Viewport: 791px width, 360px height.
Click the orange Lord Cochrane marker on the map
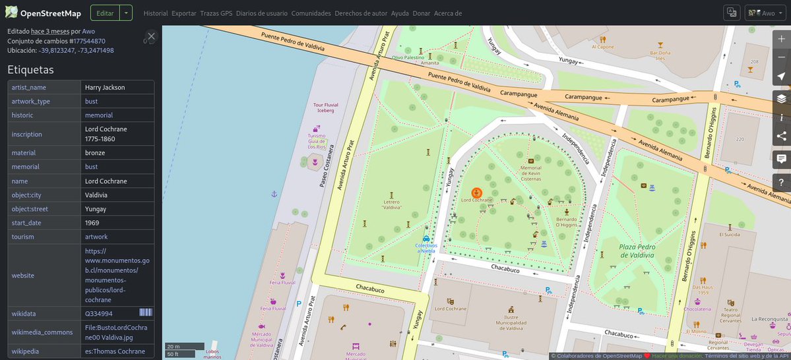[476, 193]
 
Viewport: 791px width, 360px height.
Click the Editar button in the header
[104, 13]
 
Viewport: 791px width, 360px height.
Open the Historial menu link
[155, 13]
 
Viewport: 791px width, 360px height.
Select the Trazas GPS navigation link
[216, 13]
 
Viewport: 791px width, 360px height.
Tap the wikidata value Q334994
[98, 314]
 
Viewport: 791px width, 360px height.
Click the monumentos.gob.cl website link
[117, 275]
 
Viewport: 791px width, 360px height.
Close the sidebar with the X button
[151, 36]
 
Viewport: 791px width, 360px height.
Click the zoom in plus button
[781, 38]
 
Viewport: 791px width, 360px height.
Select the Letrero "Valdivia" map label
[392, 204]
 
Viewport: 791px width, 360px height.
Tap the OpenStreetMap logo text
[50, 13]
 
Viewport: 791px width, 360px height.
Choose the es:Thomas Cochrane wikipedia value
[115, 351]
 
